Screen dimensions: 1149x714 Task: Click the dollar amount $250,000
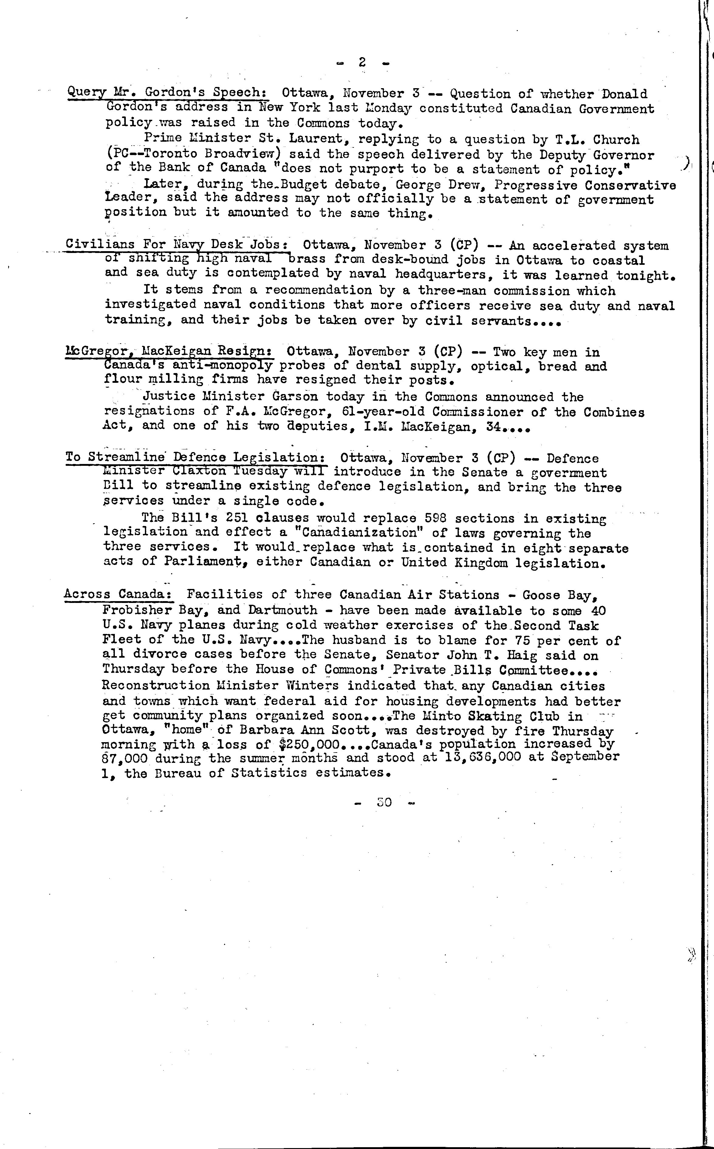click(309, 745)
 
